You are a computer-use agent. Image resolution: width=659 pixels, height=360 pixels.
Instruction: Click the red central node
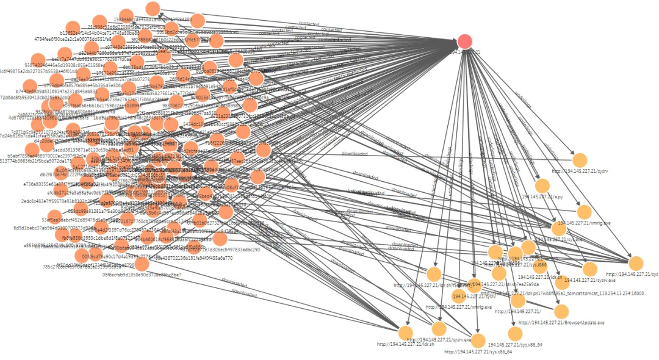click(x=465, y=41)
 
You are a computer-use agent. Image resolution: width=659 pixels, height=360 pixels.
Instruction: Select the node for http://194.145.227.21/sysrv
click(x=579, y=160)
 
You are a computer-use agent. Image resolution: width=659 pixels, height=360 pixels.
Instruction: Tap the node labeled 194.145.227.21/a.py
click(x=542, y=186)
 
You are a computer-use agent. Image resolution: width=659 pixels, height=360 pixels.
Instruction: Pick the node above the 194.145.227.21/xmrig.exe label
click(x=584, y=212)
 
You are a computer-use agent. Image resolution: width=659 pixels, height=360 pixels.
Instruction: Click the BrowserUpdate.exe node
click(x=561, y=311)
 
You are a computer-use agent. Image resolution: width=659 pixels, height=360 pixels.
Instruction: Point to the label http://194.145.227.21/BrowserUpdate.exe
click(x=561, y=322)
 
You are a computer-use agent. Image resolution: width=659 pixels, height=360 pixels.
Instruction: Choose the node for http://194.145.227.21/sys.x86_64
click(x=478, y=341)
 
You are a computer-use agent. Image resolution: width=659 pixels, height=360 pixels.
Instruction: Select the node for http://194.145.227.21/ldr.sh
click(x=406, y=333)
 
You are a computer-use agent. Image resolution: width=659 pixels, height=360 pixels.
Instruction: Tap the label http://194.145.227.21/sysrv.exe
click(x=439, y=339)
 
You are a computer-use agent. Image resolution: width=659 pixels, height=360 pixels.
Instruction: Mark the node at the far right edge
click(x=636, y=263)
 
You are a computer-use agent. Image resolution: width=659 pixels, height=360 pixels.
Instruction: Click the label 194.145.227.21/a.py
click(x=541, y=197)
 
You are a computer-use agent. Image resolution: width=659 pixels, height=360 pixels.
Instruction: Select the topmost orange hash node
click(x=153, y=9)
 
